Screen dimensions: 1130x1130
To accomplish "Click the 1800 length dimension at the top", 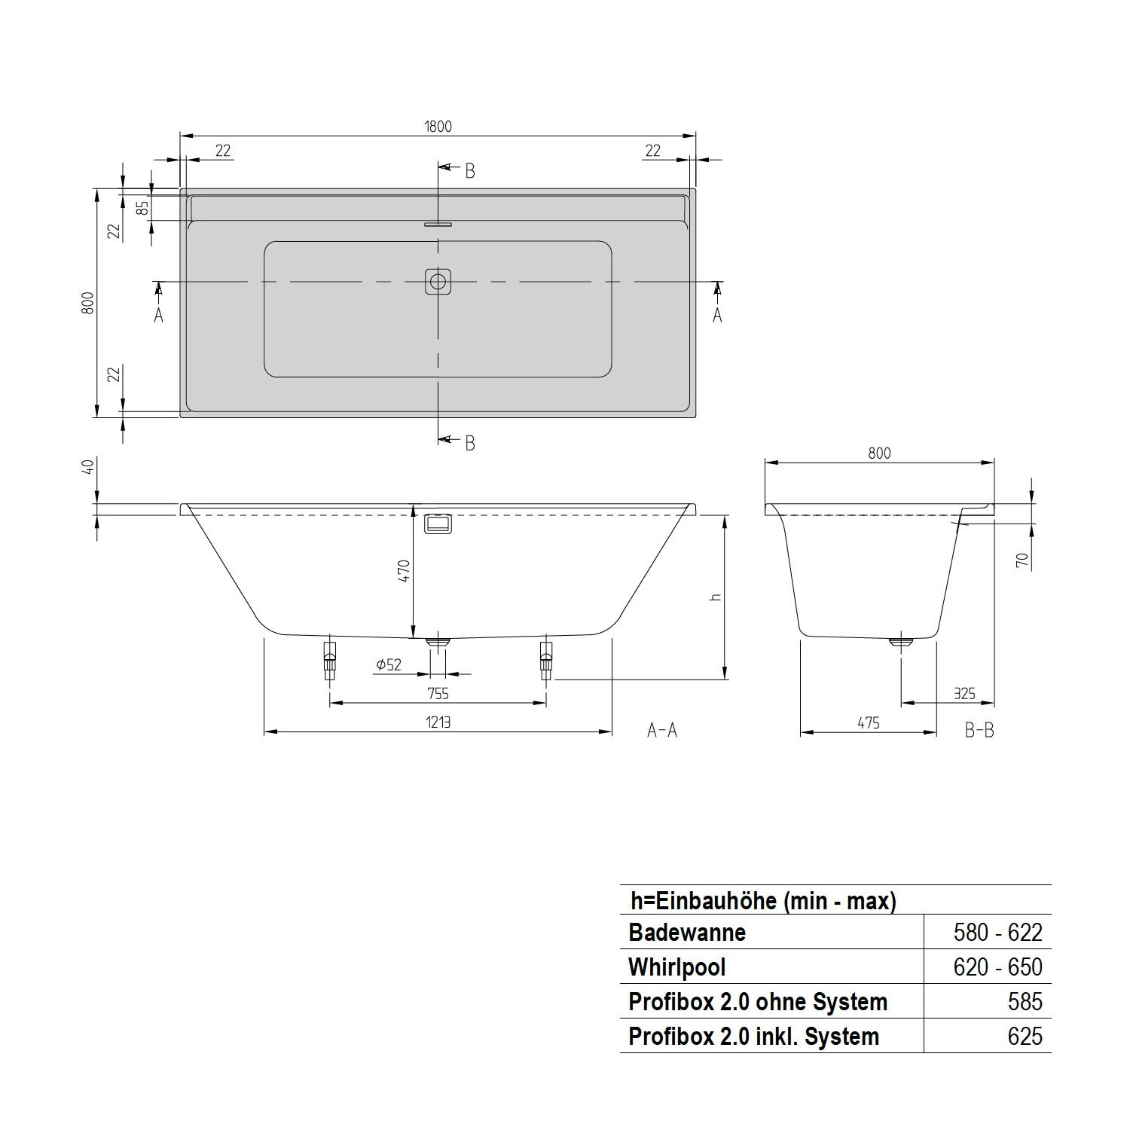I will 438,127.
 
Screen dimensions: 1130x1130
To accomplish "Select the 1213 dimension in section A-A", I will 438,722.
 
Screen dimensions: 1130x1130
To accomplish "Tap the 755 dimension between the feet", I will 438,694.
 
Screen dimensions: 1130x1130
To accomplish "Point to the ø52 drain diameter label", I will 389,664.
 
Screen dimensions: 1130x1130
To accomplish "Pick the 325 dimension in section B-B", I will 964,694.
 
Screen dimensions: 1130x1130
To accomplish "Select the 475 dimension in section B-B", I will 868,722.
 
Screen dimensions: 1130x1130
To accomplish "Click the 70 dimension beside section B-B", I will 1022,560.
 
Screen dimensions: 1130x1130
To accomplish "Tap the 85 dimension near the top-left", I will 142,207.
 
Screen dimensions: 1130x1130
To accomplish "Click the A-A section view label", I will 662,730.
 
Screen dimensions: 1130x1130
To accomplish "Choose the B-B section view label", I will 979,730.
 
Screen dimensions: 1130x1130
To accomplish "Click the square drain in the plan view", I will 438,282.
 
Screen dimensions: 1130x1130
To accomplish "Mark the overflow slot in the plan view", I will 438,224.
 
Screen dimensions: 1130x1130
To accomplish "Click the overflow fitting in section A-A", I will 438,524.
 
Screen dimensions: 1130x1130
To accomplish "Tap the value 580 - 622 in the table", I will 997,933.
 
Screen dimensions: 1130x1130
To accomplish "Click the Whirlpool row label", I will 676,967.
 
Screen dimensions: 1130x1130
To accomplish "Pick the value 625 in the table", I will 1025,1037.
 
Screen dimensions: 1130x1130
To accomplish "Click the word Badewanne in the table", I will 687,933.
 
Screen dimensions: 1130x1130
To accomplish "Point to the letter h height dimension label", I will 716,597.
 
